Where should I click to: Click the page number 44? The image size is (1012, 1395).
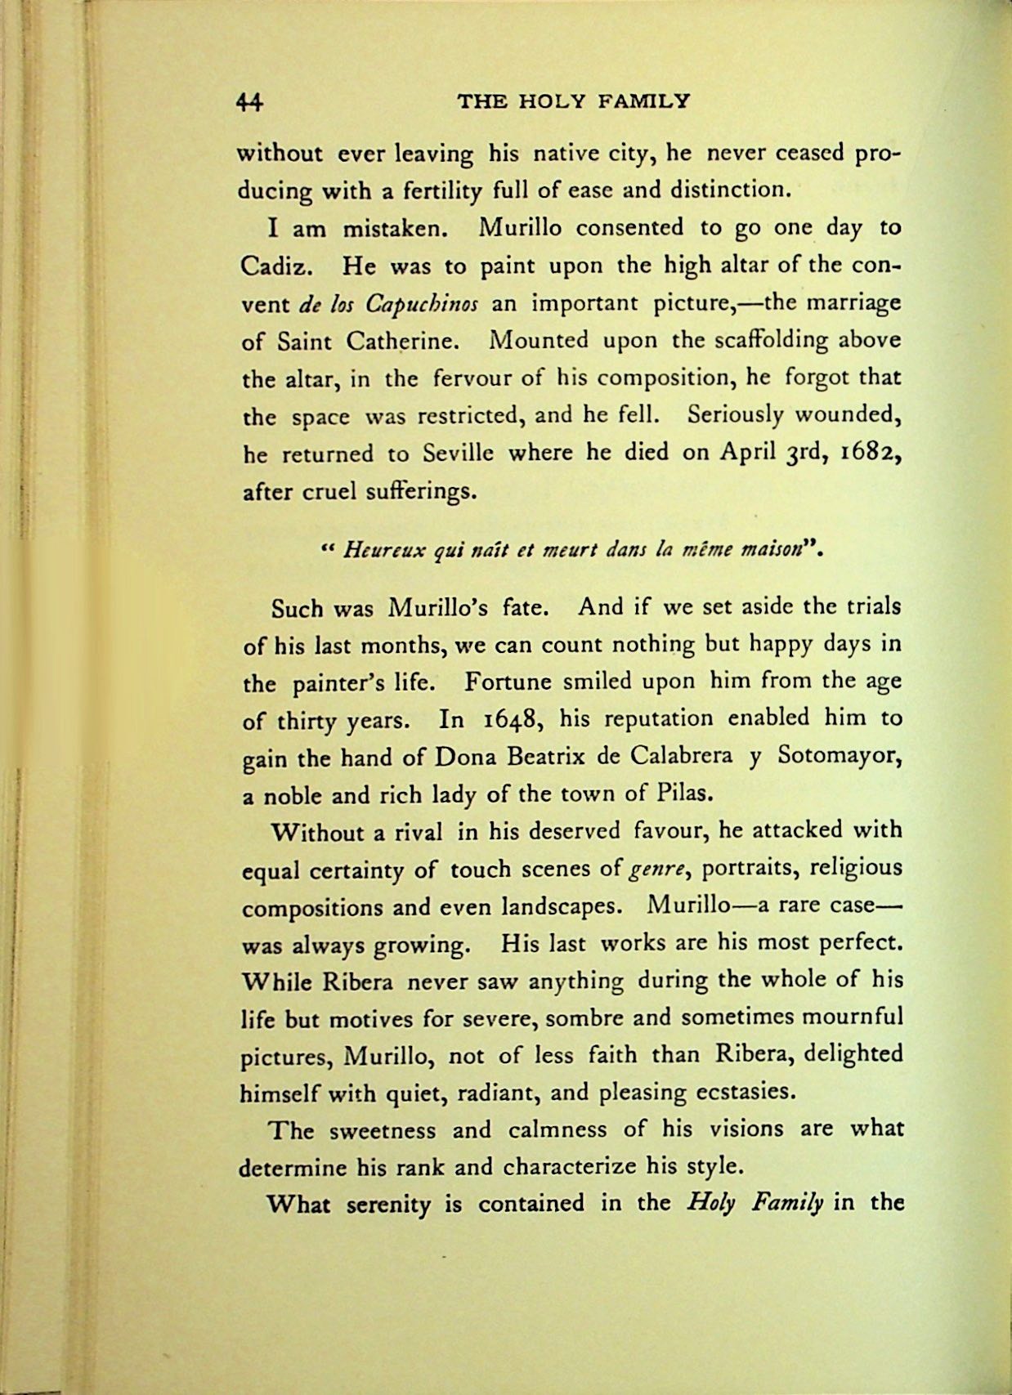pos(249,101)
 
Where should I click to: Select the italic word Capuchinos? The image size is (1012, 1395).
pos(421,304)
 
